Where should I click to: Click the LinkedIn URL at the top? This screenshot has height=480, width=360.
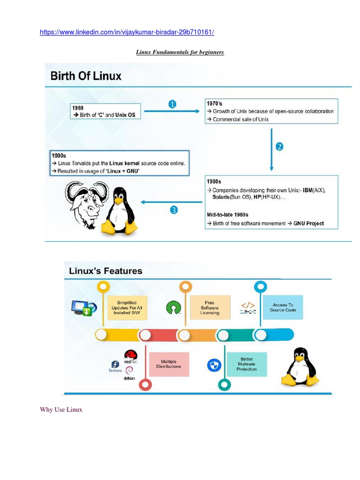pos(127,32)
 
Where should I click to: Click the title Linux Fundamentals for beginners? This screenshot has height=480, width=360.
pos(180,52)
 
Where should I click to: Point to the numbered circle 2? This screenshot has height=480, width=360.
pos(279,147)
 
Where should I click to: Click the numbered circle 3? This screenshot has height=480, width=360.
pos(173,210)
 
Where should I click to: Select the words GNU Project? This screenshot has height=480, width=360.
pos(309,224)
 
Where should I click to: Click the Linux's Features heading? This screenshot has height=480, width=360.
pos(105,271)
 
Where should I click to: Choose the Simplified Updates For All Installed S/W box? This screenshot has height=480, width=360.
pos(128,307)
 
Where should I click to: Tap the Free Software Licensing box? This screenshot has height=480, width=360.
pos(210,307)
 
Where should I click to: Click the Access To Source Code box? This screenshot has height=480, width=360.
pos(283,307)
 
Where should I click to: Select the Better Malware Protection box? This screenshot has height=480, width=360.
pos(247,364)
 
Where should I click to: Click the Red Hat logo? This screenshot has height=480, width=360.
pos(130,355)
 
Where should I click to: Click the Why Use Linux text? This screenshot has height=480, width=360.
pos(61,410)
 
